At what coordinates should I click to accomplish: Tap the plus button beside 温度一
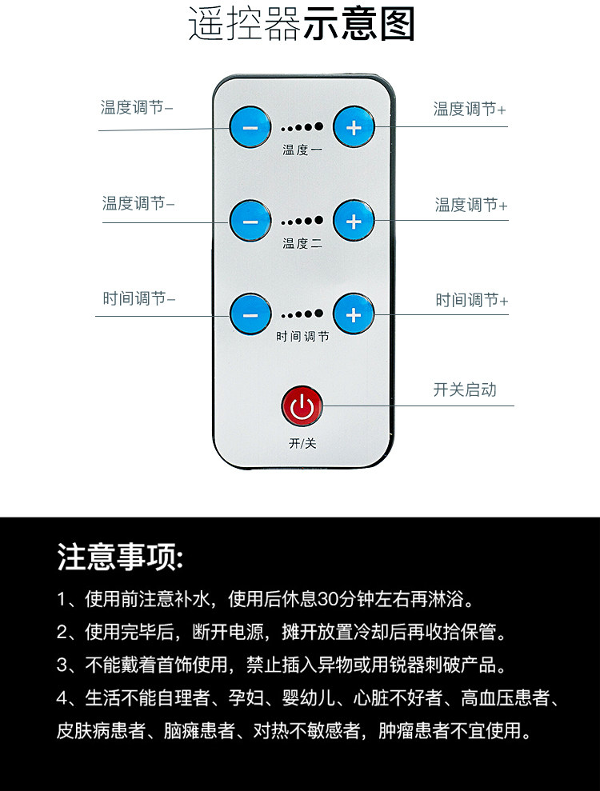point(354,126)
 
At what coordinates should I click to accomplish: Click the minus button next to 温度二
point(250,221)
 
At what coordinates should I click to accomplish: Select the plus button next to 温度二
point(354,221)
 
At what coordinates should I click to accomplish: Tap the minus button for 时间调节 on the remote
point(250,314)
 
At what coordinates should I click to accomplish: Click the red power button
point(302,406)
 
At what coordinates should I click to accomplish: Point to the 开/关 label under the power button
point(302,443)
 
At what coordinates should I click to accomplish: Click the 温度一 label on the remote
point(302,150)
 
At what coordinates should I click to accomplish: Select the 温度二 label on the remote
point(302,244)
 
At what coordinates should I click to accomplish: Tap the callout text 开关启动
point(465,390)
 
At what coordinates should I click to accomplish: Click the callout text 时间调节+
point(472,300)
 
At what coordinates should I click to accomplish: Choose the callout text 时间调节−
point(138,298)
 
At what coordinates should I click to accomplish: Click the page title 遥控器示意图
point(302,24)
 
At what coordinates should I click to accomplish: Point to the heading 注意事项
point(119,557)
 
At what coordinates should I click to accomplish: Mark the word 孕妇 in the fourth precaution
point(246,697)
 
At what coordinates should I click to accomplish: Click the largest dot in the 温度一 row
point(318,126)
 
